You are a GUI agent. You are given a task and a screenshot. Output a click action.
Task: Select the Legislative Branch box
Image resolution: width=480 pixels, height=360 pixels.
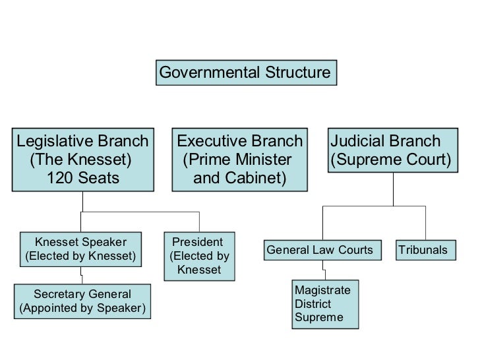coord(82,160)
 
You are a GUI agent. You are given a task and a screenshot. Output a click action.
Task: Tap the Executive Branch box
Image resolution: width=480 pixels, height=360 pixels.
coord(239,160)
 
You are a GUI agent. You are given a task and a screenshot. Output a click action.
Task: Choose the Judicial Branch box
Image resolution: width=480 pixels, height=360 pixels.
coord(392,151)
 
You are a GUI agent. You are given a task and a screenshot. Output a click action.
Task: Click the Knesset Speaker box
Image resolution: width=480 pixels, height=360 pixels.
coord(80,248)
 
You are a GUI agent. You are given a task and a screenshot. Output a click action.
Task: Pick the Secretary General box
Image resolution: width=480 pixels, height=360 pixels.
coord(82,301)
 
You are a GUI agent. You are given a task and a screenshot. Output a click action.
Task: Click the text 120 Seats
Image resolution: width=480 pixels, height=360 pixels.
coord(83,177)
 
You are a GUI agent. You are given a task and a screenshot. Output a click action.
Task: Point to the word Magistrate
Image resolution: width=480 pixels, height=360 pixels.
coord(323,291)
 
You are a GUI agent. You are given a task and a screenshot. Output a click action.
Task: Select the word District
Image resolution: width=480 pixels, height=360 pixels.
coord(313,304)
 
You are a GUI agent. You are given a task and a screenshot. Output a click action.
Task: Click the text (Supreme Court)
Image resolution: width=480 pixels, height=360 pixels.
coord(392,160)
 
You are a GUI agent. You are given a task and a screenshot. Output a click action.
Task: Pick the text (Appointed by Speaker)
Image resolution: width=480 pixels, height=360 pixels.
coord(82,309)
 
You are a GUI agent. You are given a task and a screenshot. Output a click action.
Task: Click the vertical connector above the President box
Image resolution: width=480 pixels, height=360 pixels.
coord(199,222)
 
